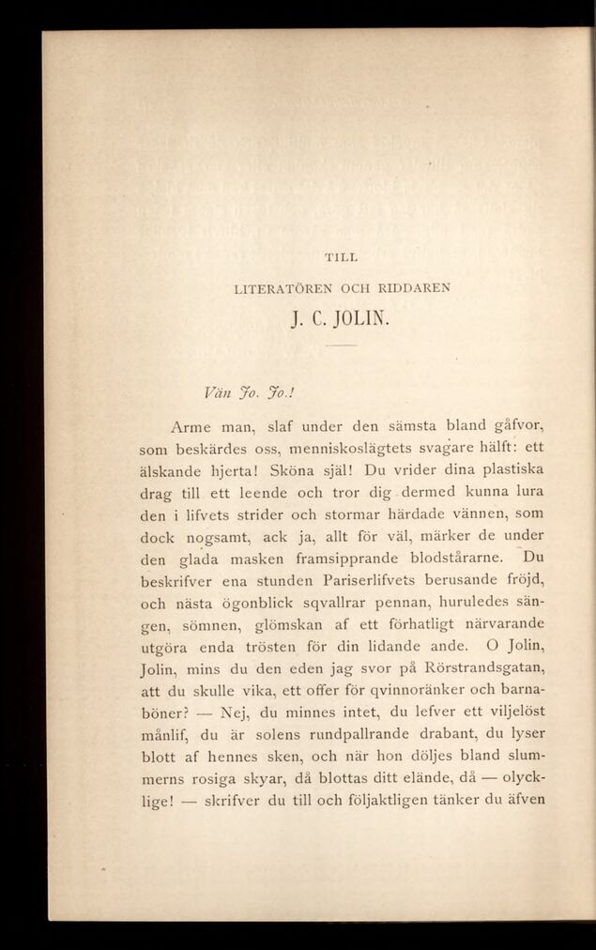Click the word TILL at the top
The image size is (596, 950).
coord(342,255)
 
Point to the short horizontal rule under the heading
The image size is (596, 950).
coord(342,346)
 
